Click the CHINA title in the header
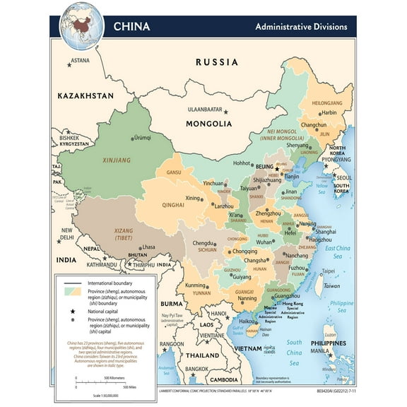(x=132, y=27)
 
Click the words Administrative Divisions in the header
(x=301, y=27)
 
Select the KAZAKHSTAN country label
(x=86, y=95)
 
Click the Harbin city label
(x=329, y=112)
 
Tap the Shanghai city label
(x=326, y=231)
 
